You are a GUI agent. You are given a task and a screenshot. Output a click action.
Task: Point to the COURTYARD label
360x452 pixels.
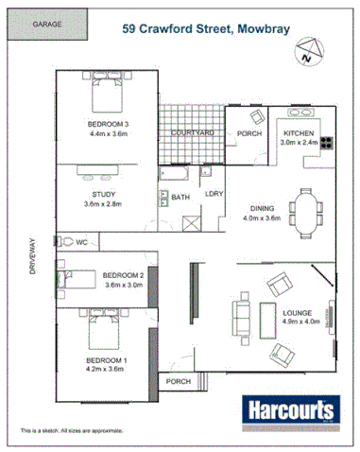pyautogui.click(x=192, y=134)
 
